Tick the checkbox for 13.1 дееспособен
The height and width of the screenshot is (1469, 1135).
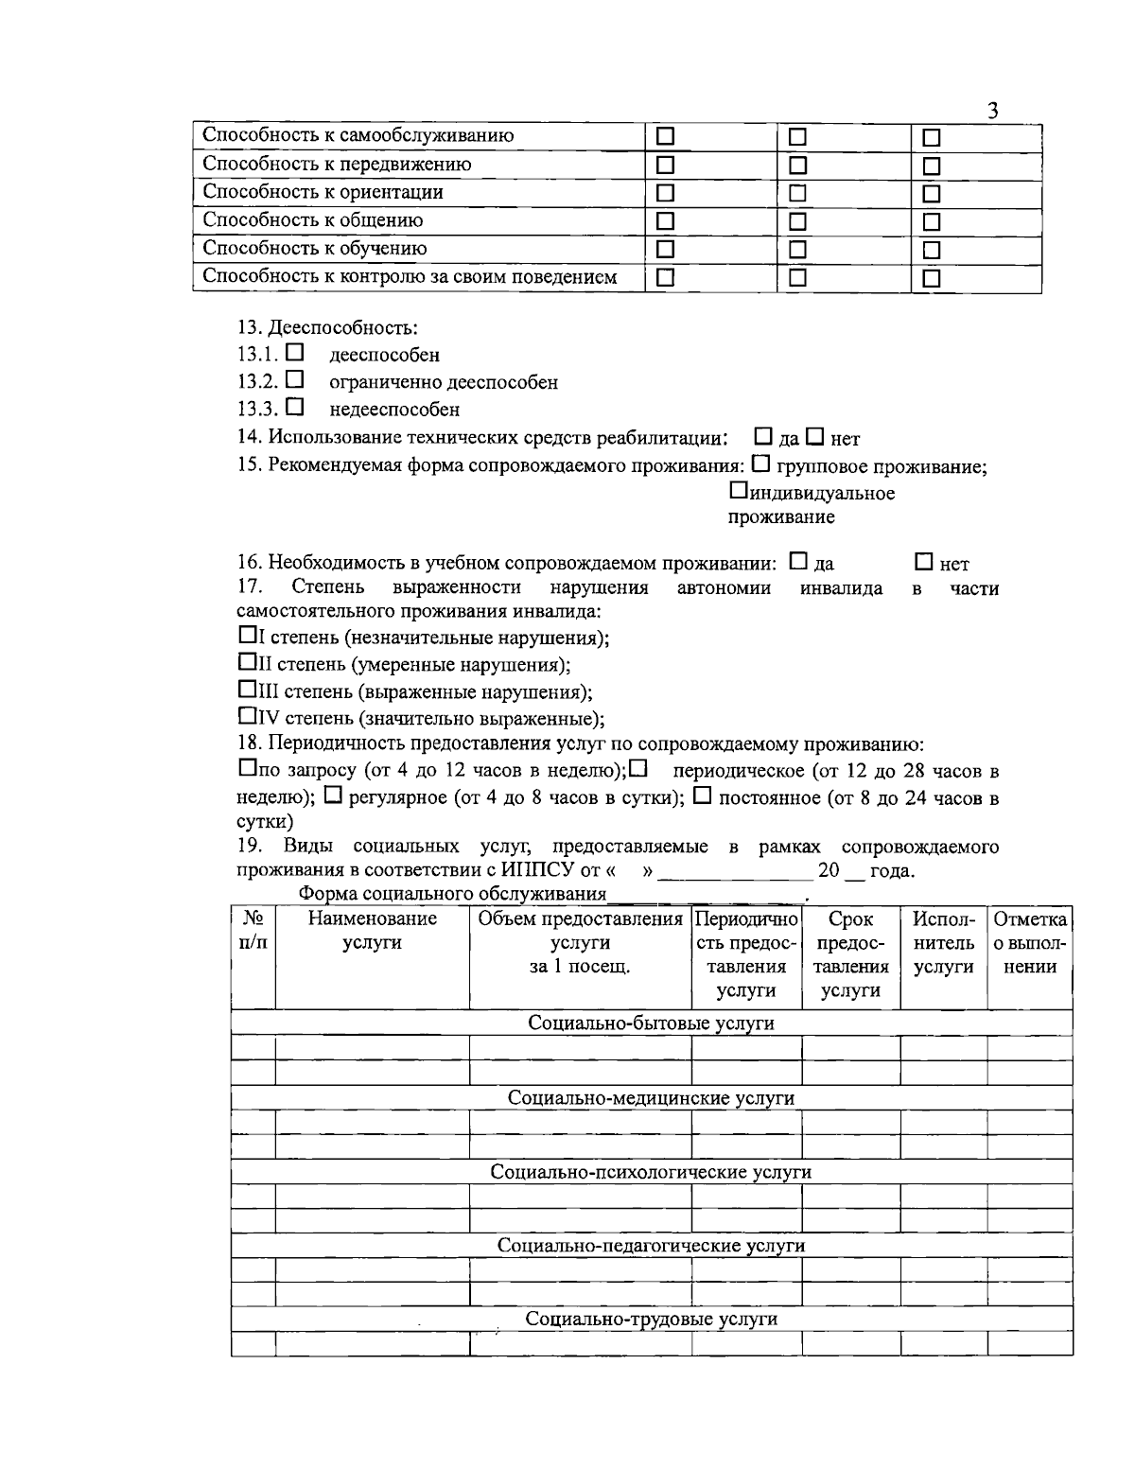point(295,353)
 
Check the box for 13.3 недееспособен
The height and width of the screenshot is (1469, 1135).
point(295,408)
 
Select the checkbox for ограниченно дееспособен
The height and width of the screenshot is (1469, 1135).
point(295,380)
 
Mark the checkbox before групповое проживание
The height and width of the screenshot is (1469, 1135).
point(761,464)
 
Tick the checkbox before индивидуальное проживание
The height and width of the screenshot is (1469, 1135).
point(738,492)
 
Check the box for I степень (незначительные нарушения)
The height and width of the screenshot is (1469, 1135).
point(246,636)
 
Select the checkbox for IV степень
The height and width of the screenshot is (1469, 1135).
point(246,716)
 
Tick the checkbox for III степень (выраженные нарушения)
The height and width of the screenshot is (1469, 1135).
point(246,690)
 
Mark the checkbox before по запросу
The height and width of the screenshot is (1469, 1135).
point(246,769)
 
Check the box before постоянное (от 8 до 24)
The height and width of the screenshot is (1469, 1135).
point(702,796)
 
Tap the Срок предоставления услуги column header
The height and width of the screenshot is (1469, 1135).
point(850,954)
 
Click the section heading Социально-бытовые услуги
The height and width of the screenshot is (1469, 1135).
point(651,1023)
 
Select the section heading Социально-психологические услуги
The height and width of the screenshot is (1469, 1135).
point(651,1172)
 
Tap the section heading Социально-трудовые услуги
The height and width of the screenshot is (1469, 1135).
point(651,1319)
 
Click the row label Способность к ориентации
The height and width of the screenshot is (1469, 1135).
point(323,192)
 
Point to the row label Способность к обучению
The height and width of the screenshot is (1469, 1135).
point(315,249)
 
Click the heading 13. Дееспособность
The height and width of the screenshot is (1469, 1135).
point(327,328)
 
